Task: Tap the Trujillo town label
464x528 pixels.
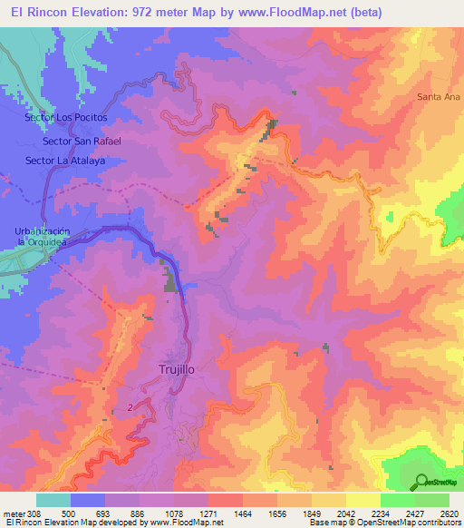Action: (x=177, y=370)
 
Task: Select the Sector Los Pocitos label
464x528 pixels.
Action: (x=67, y=118)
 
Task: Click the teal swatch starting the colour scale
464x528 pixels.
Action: (x=53, y=500)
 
